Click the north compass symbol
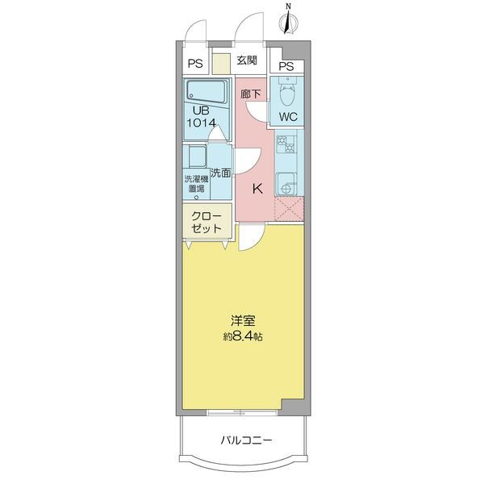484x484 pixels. pos(289,18)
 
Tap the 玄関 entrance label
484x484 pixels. pos(247,60)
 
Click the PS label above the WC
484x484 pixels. pos(286,66)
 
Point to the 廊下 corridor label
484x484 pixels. pos(251,93)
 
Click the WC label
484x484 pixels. pos(288,117)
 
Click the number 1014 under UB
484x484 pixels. pos(202,123)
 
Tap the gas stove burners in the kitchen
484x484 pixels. pos(286,145)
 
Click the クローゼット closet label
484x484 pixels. pos(207,223)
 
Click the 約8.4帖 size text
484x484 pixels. pos(243,336)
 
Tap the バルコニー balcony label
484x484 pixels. pos(245,440)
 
